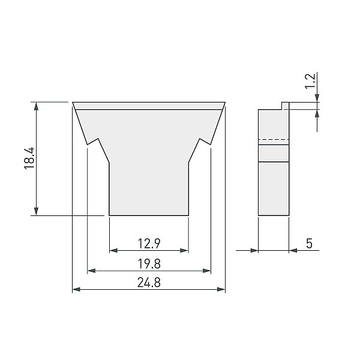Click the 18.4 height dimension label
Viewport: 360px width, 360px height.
29,158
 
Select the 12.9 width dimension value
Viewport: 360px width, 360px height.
149,244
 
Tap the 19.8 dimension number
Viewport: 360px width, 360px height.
149,263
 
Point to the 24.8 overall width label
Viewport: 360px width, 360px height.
149,283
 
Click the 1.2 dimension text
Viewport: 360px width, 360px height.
310,81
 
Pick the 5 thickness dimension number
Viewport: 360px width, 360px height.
309,244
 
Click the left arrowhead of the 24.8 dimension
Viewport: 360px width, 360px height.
76,289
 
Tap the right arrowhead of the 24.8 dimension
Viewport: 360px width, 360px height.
221,289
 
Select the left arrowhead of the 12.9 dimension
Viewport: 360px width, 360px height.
113,250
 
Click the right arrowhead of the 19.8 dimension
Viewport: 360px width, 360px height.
206,271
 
